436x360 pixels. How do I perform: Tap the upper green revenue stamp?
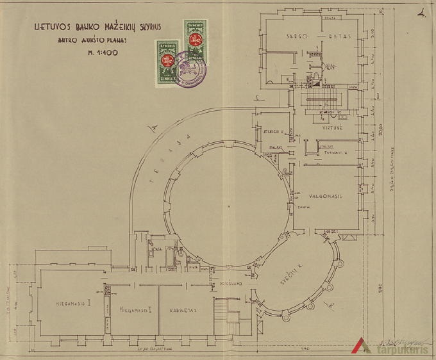point(194,40)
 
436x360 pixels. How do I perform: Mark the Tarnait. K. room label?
point(335,153)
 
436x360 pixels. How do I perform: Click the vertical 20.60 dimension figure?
point(380,128)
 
